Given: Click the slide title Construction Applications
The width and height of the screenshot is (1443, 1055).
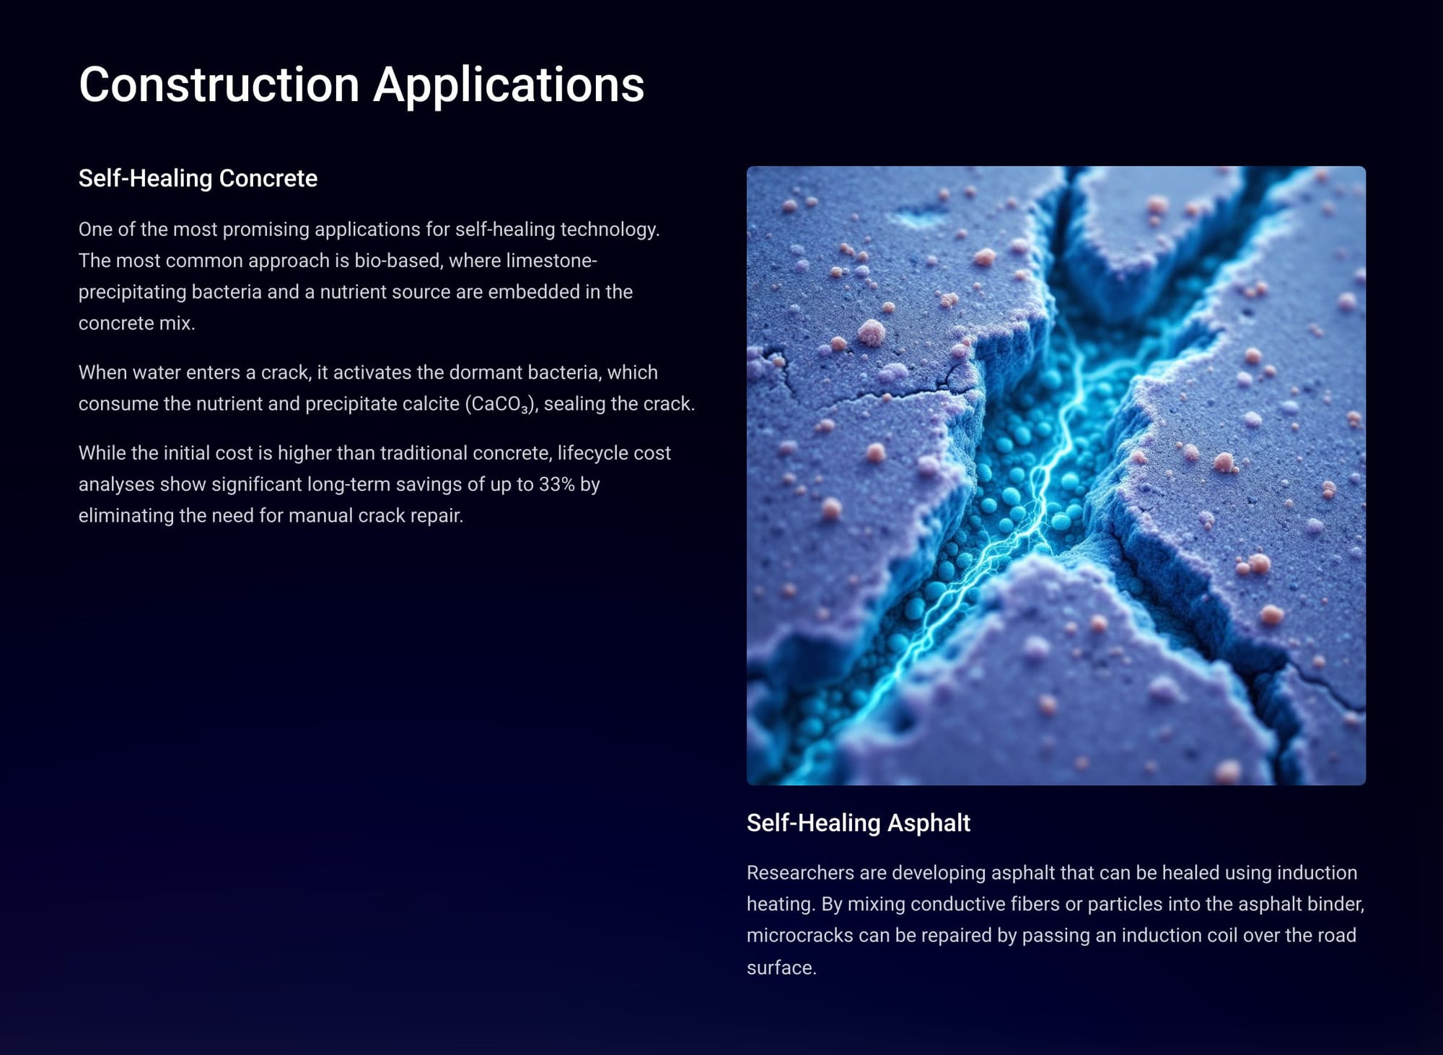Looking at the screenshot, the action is tap(361, 85).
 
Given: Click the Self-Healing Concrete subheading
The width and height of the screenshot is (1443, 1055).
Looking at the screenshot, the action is tap(198, 178).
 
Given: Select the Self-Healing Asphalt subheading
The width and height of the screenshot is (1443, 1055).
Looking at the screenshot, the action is tap(858, 823).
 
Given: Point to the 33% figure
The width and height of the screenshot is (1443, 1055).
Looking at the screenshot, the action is tap(556, 484).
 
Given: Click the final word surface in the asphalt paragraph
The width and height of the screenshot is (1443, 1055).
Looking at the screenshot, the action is tap(781, 968).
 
